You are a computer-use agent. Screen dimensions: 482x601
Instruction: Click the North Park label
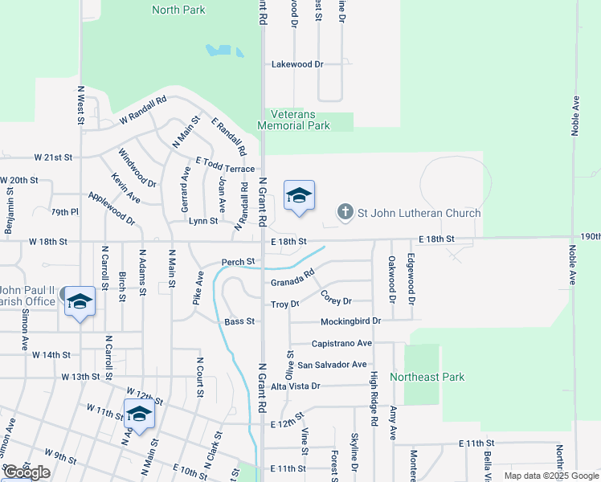tap(178, 10)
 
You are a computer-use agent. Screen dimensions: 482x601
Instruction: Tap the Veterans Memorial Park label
tap(293, 120)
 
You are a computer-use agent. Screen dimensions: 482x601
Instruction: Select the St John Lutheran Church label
tap(419, 213)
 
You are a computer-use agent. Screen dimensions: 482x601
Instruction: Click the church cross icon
tap(345, 213)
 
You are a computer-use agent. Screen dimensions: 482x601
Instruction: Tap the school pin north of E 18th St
tap(299, 197)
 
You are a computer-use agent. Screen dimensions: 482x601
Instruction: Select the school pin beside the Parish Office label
tap(79, 303)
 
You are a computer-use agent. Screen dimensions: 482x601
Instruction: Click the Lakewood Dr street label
tap(296, 64)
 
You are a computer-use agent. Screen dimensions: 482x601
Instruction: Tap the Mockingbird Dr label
tap(350, 321)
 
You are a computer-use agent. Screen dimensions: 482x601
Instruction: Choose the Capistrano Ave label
tap(341, 343)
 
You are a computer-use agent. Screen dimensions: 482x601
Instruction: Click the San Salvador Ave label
tap(332, 365)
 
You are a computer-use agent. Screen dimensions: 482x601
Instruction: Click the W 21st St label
tap(53, 157)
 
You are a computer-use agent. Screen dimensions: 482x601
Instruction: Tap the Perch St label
tap(239, 262)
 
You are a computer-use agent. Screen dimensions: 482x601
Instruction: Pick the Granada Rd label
tap(292, 282)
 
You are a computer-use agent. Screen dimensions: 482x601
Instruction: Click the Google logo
tap(27, 473)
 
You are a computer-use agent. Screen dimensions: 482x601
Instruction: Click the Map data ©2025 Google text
tap(550, 476)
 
